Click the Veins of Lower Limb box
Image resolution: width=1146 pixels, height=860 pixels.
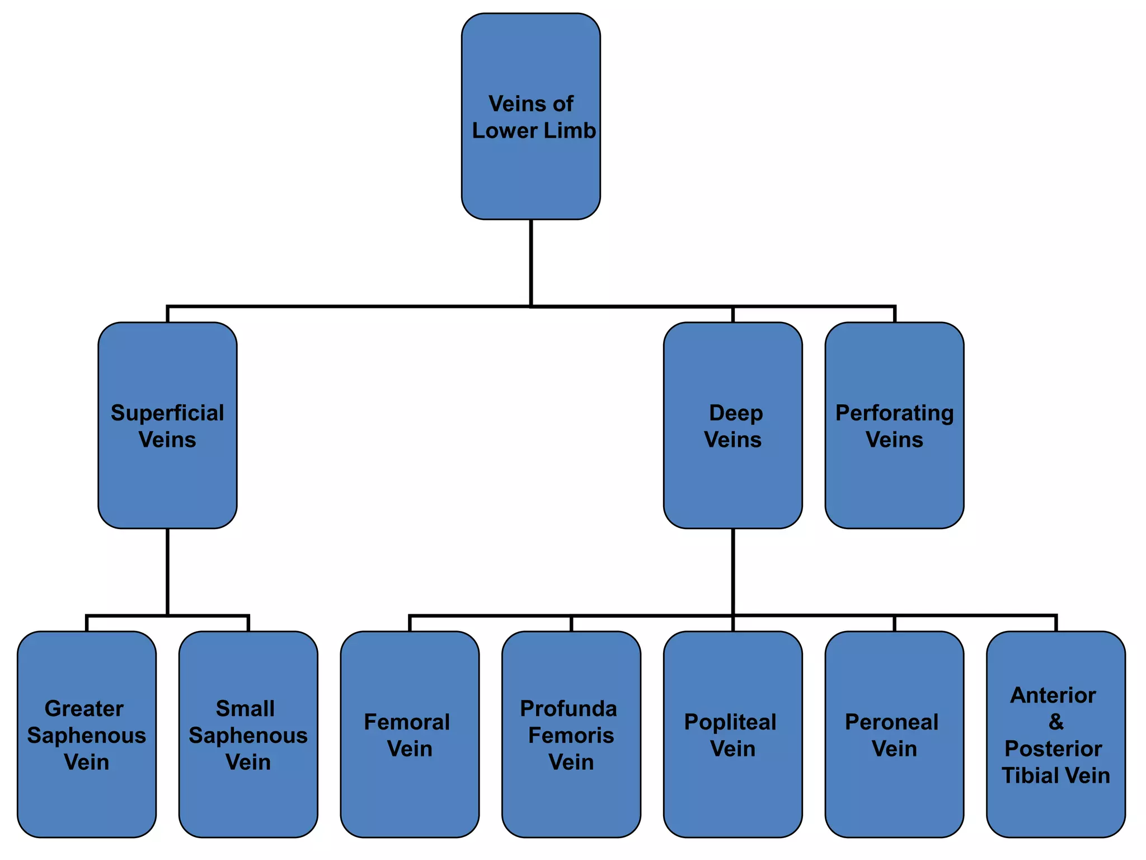530,116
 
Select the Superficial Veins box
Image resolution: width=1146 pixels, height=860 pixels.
167,426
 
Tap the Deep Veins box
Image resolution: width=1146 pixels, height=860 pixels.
732,426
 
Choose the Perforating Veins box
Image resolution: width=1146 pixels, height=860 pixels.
894,426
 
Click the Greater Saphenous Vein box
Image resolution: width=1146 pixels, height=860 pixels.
87,735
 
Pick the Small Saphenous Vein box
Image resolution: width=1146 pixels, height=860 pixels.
248,735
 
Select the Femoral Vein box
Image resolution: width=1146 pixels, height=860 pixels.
410,735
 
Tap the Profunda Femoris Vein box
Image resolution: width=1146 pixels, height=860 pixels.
571,735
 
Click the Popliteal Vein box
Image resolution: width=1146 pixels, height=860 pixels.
732,735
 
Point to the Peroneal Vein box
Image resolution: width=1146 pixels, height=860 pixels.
894,735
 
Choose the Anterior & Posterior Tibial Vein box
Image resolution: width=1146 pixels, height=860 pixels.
1055,735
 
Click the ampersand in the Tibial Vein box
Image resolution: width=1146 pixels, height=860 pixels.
1056,722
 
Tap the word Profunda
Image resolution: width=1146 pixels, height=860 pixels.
569,709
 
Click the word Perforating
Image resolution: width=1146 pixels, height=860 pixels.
894,413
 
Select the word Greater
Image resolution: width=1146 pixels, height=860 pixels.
84,709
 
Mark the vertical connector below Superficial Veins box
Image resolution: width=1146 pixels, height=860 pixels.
167,571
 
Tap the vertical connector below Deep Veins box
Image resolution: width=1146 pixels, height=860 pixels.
732,571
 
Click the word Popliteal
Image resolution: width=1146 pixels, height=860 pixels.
730,722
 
